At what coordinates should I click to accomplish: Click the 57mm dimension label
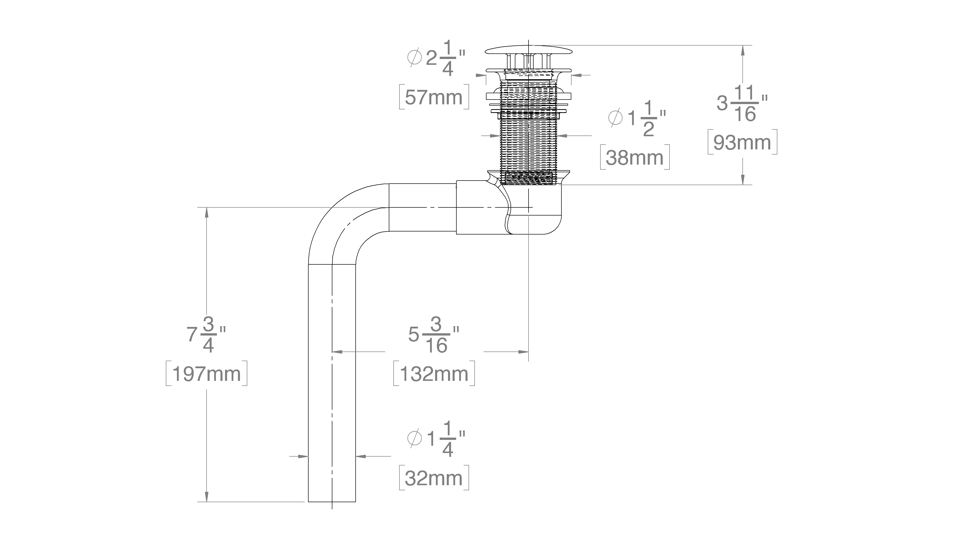pyautogui.click(x=434, y=97)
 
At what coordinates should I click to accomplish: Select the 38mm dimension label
pyautogui.click(x=635, y=158)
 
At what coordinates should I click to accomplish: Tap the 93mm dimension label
pyautogui.click(x=742, y=142)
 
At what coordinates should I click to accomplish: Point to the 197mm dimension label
pyautogui.click(x=206, y=374)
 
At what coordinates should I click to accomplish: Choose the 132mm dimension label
pyautogui.click(x=434, y=374)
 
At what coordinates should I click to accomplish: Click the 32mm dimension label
pyautogui.click(x=434, y=478)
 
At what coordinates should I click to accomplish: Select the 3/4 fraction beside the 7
pyautogui.click(x=209, y=335)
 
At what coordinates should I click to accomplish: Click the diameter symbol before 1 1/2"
pyautogui.click(x=615, y=118)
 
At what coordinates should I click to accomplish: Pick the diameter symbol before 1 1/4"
pyautogui.click(x=414, y=439)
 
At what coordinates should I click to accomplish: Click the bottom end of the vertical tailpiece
pyautogui.click(x=332, y=501)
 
